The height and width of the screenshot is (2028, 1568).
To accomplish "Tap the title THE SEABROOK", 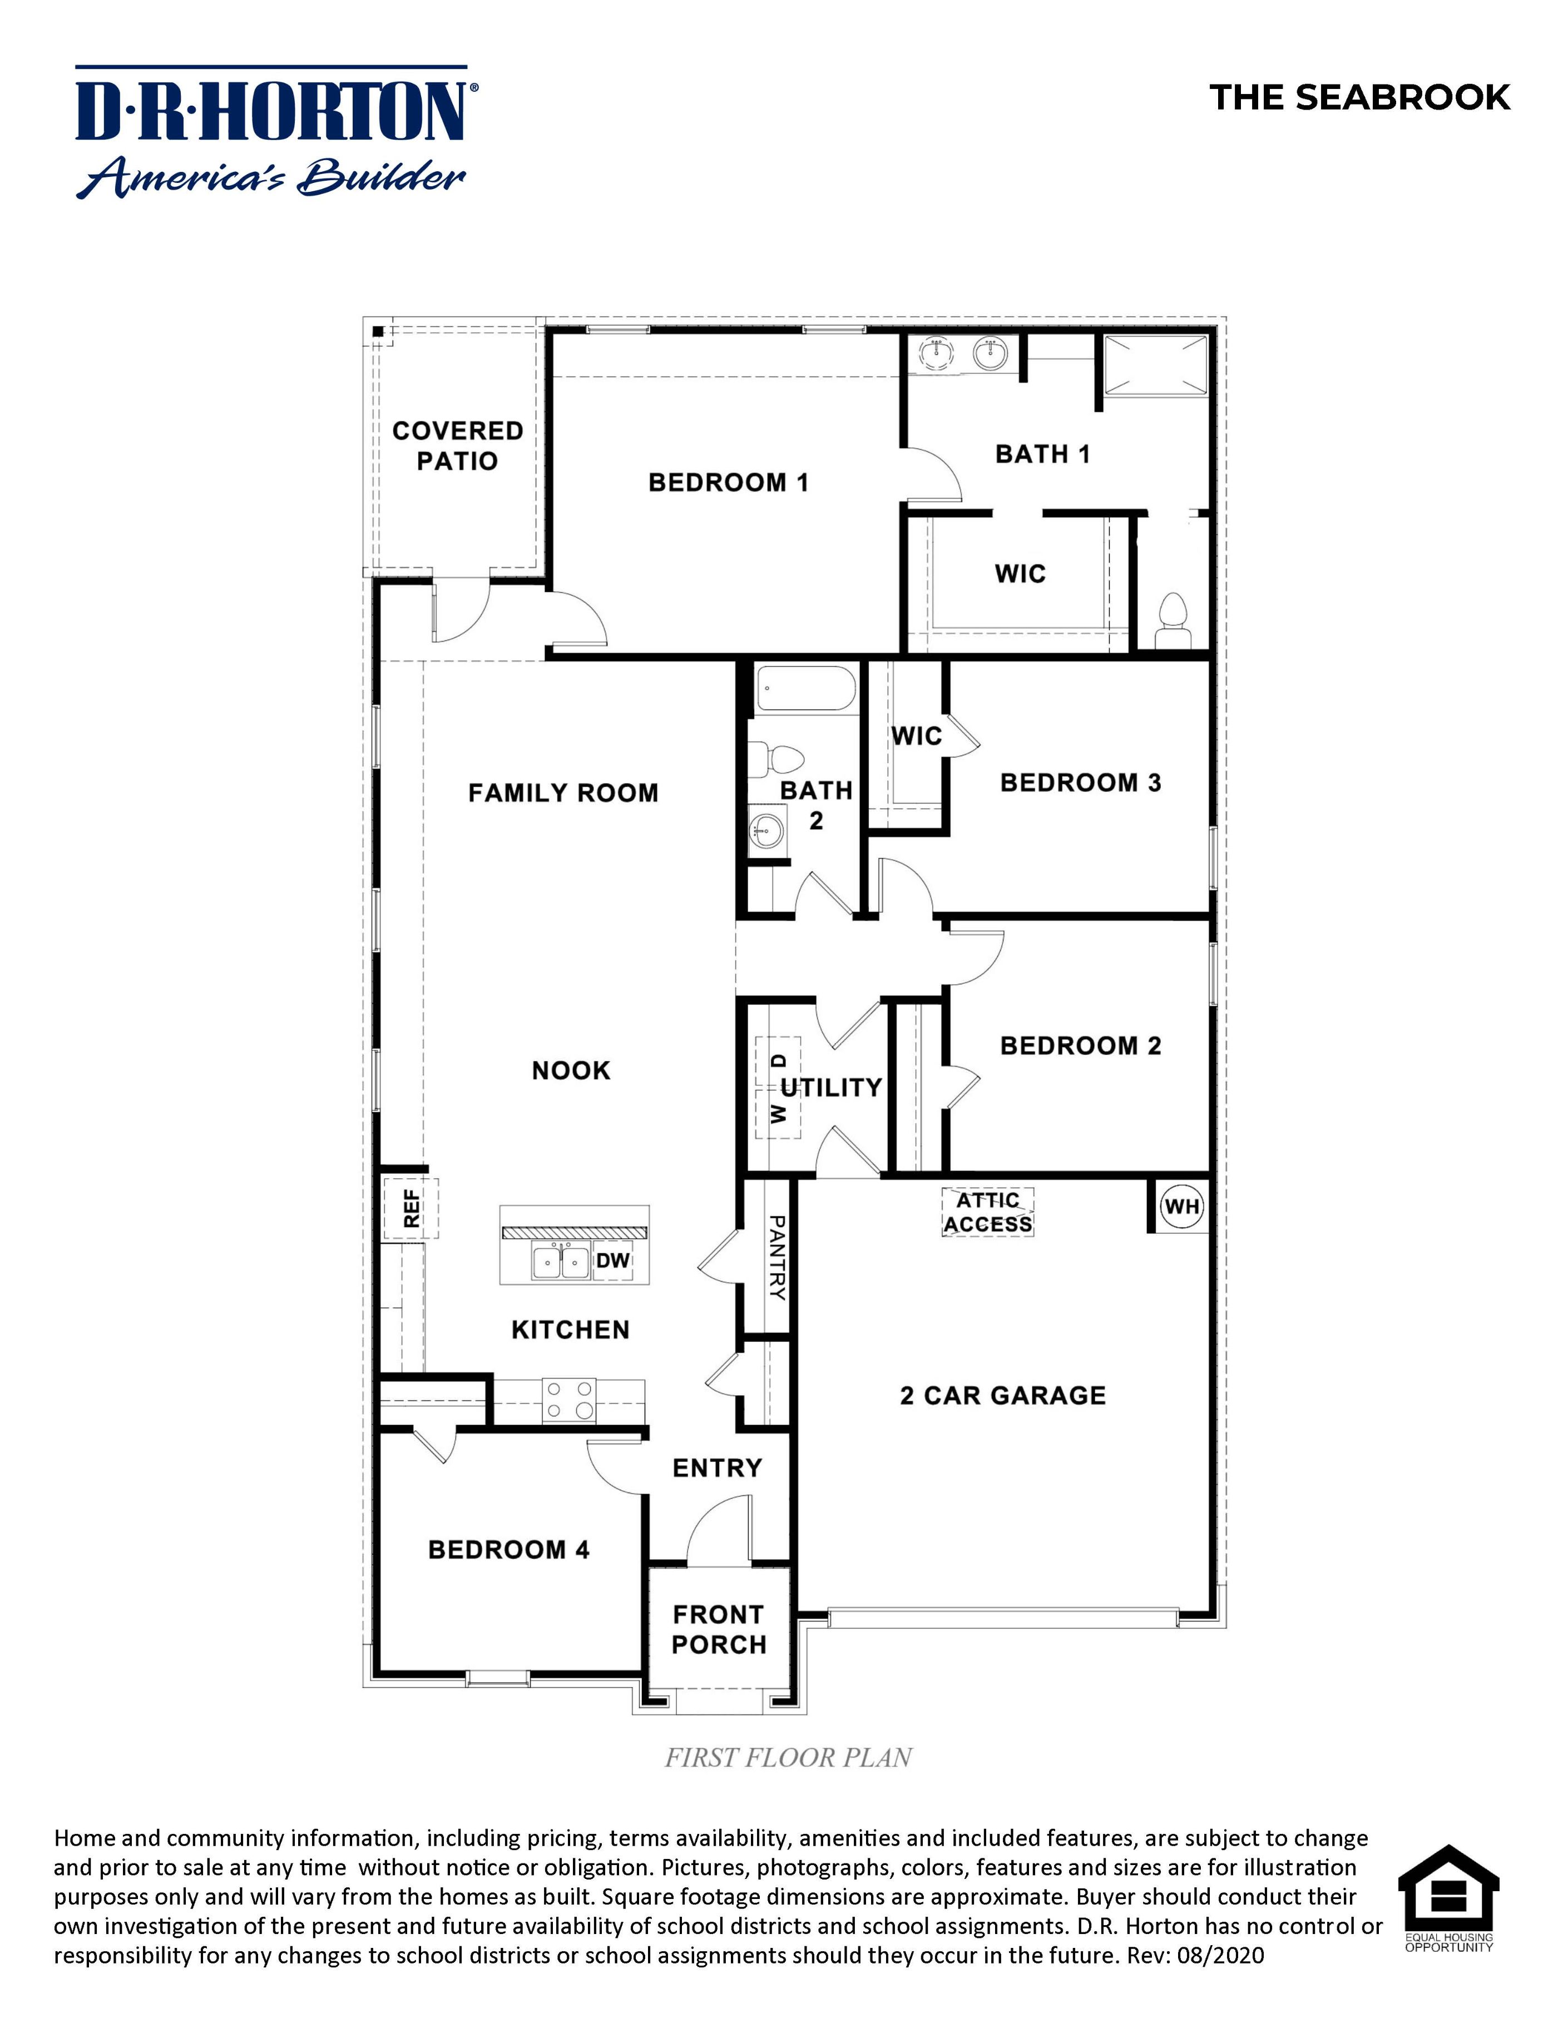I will [x=1360, y=97].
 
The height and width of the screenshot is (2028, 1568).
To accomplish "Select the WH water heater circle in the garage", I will [x=1181, y=1206].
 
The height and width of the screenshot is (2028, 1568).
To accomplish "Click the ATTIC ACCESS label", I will [x=987, y=1213].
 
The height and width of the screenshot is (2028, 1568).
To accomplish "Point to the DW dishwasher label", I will [x=612, y=1260].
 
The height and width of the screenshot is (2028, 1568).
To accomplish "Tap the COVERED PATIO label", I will [x=457, y=446].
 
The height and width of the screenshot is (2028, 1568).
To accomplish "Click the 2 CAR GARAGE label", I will [x=1002, y=1395].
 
